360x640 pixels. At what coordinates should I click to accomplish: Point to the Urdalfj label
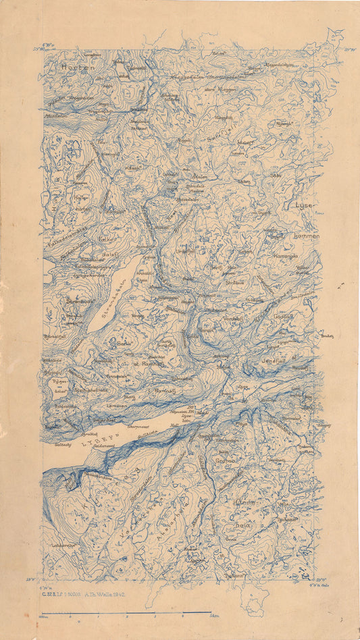click(185, 251)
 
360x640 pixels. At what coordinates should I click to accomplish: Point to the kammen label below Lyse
click(307, 237)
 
